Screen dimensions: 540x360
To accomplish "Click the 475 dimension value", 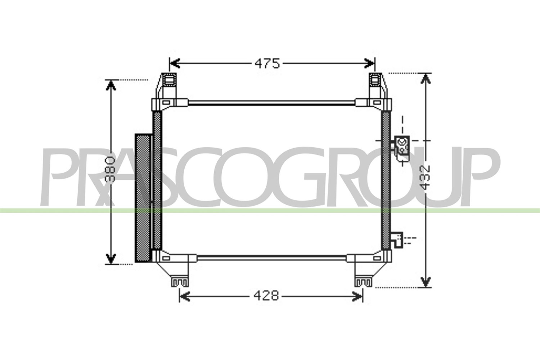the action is [x=267, y=63].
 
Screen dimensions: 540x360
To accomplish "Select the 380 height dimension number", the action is [x=111, y=169].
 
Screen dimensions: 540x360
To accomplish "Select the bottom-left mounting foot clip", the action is [x=180, y=282].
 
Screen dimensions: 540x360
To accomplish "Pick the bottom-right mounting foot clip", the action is [x=364, y=282].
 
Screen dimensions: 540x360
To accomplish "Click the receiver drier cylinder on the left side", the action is [x=143, y=198].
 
